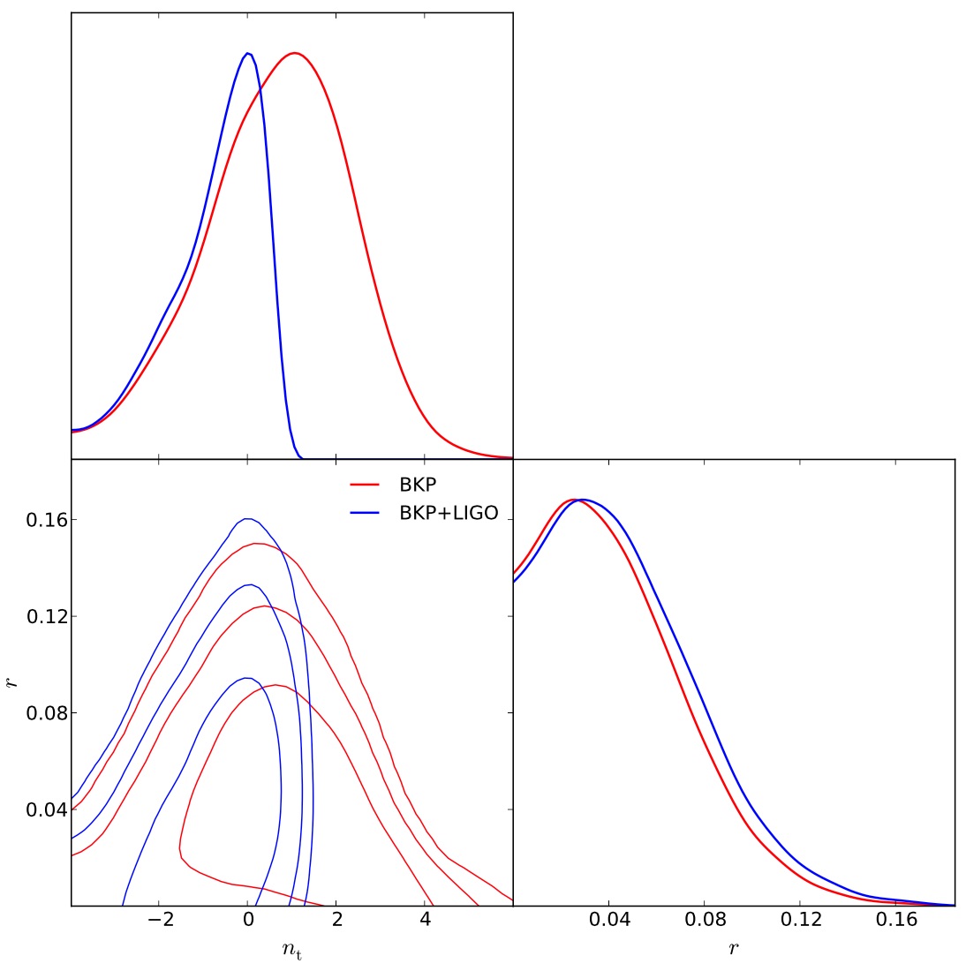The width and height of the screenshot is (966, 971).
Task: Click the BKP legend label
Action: (418, 485)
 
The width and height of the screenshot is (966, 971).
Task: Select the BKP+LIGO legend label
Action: (449, 513)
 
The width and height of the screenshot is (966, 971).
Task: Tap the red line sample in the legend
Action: (365, 485)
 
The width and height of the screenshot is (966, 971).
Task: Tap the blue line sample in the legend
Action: (365, 513)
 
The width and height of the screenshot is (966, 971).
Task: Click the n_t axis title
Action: (292, 951)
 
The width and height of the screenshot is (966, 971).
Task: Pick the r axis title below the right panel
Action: (734, 949)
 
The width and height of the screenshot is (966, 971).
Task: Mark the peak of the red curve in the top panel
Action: (294, 53)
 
